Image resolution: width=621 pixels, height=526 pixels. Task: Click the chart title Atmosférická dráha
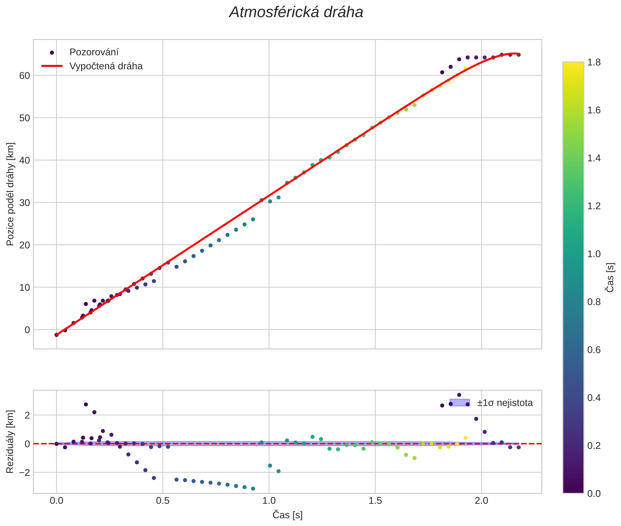pos(296,13)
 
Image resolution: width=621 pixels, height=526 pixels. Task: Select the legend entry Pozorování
pos(94,52)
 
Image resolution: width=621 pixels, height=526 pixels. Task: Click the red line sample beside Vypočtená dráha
pos(52,66)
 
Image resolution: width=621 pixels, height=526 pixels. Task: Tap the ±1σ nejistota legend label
pos(505,403)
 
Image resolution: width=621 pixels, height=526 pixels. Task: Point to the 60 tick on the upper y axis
pos(25,76)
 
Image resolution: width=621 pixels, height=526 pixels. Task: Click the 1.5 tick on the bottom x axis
pos(375,500)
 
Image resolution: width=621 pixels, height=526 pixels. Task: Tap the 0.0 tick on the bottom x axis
pos(56,500)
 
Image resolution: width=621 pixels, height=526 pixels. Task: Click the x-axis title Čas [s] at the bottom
pos(287,515)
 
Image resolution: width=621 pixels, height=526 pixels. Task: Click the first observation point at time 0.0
pos(56,335)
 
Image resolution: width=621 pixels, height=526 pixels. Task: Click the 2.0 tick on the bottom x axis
pos(481,500)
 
